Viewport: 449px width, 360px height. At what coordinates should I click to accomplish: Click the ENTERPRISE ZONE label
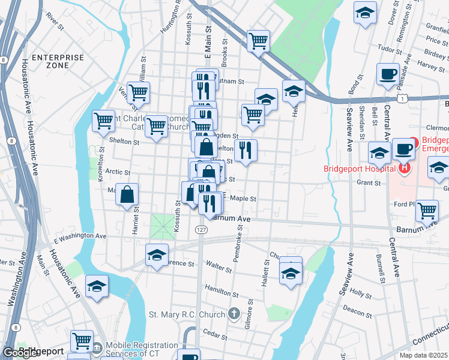(x=58, y=61)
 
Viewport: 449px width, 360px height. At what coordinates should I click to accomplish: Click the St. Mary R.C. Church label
(x=185, y=314)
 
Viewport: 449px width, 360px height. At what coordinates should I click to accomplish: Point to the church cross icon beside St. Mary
(x=234, y=314)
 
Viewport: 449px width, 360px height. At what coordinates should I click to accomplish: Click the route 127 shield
(x=201, y=230)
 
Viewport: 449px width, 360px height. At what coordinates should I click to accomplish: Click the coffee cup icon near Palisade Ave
(x=388, y=74)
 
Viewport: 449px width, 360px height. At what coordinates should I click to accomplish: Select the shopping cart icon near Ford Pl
(x=426, y=211)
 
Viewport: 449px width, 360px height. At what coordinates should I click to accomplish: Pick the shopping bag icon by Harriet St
(x=128, y=195)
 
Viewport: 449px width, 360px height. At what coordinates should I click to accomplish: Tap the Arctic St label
(x=118, y=172)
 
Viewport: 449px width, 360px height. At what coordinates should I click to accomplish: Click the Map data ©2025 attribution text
(x=423, y=355)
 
